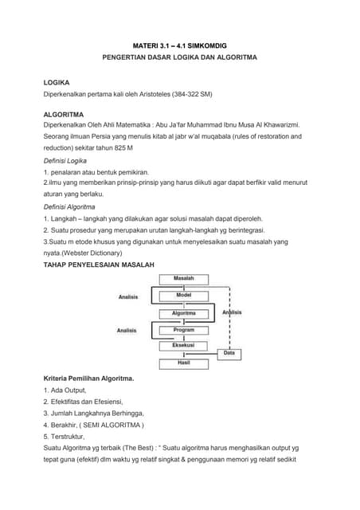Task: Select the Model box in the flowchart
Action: click(184, 295)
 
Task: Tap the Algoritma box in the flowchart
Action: click(184, 313)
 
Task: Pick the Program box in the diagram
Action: click(184, 330)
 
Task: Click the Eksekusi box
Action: click(184, 345)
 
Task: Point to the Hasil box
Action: click(184, 363)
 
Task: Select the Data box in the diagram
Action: click(229, 352)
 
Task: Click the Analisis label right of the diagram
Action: click(231, 313)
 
